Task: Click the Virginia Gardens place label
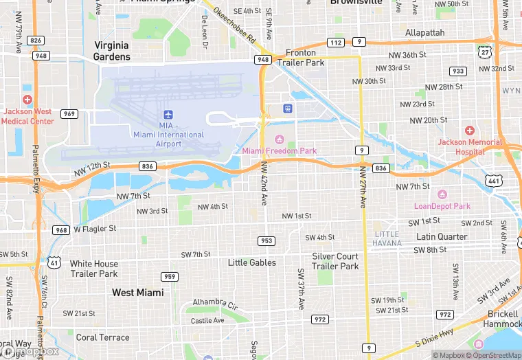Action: pos(112,51)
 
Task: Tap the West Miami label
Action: pos(138,293)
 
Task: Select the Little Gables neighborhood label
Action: pos(252,262)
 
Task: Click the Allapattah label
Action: pos(424,32)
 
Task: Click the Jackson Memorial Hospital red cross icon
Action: pos(470,131)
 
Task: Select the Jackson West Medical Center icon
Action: pos(27,100)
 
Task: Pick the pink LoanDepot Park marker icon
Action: pos(442,194)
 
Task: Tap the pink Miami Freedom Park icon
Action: pos(280,139)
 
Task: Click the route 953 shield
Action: pos(266,240)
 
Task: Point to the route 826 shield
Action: pos(36,41)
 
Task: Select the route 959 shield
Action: pos(170,277)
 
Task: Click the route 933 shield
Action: pos(457,71)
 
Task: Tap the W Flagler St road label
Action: pos(95,228)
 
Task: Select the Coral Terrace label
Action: pos(102,337)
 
